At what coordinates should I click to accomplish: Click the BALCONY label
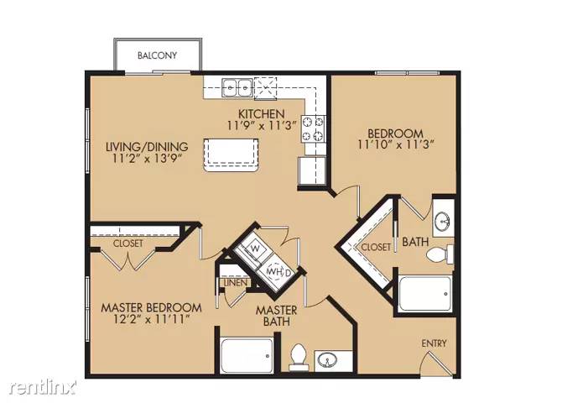(x=158, y=56)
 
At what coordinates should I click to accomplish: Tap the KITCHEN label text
(x=261, y=114)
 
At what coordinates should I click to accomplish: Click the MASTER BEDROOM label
(x=151, y=307)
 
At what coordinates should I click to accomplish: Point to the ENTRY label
(x=434, y=343)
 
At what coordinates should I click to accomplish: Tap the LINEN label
(x=235, y=283)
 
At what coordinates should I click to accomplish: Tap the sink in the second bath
(x=445, y=222)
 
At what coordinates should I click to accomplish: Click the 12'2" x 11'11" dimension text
(x=151, y=320)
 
